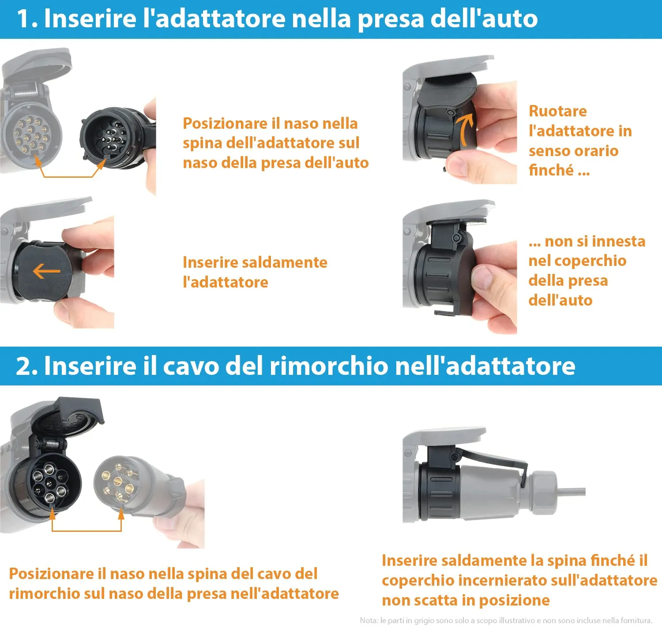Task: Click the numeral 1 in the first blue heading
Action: click(23, 19)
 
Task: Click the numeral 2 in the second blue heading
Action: click(24, 366)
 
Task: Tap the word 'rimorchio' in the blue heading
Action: click(329, 366)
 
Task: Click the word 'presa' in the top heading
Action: click(390, 19)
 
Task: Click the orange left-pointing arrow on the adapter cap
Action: click(46, 271)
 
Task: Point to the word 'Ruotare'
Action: click(557, 111)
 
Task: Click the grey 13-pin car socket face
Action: click(31, 134)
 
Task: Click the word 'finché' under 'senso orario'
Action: click(551, 170)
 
